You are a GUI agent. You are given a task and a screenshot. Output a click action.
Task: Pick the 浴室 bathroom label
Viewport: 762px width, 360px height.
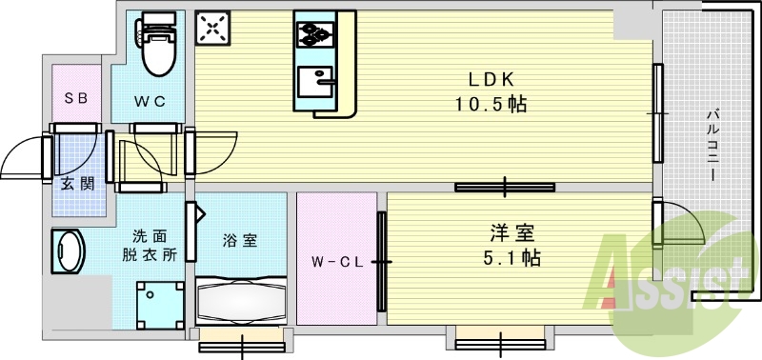241,241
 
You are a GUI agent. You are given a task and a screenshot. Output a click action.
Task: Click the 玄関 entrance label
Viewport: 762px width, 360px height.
77,184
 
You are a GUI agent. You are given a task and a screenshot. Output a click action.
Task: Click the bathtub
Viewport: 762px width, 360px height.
241,304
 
